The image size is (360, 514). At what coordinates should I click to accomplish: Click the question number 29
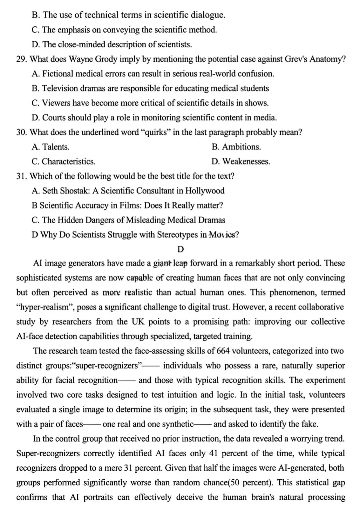(x=22, y=59)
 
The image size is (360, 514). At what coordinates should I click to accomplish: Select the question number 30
(x=22, y=132)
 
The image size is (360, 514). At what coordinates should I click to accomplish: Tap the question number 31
(x=22, y=176)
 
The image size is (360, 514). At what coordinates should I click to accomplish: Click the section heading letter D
(x=181, y=249)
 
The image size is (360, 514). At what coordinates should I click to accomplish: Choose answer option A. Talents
(x=51, y=147)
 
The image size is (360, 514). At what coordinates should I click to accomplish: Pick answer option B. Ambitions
(x=236, y=147)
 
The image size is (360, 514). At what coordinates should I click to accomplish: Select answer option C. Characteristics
(x=64, y=162)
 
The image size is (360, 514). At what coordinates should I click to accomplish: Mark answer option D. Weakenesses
(x=241, y=162)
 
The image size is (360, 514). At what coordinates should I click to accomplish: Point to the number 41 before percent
(x=213, y=453)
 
